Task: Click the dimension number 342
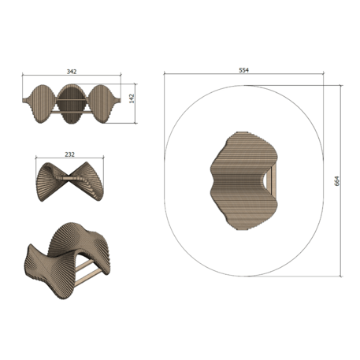tap(72, 71)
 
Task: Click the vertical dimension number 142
tap(132, 98)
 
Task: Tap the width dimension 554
tap(243, 70)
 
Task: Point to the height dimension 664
tap(336, 180)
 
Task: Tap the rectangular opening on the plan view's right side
tap(270, 180)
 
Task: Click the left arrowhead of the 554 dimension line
tap(165, 75)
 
